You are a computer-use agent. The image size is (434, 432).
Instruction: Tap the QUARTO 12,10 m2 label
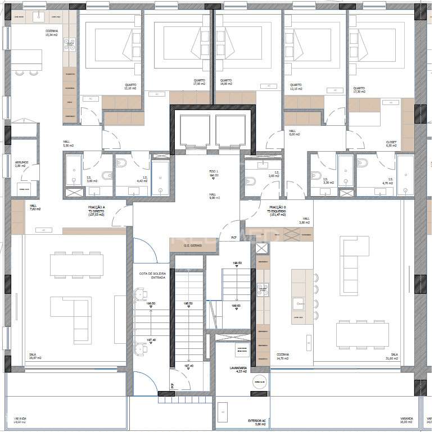(x=131, y=87)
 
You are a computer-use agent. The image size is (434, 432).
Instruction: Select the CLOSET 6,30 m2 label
(x=391, y=143)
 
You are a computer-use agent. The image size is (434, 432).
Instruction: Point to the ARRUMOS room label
(x=21, y=164)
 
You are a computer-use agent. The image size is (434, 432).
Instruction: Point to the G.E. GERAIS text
(x=193, y=245)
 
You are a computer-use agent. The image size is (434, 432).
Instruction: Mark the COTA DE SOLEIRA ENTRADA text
(x=152, y=275)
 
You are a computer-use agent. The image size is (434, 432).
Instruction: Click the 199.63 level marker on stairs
(x=237, y=306)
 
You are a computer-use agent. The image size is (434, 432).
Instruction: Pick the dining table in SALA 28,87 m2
(x=77, y=265)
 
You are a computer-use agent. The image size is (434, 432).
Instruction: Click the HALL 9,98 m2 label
(x=213, y=196)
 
